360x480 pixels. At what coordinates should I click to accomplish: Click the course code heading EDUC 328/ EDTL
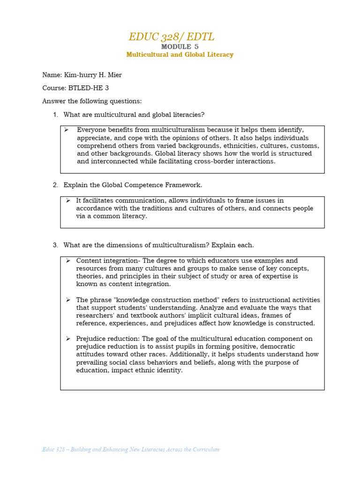172,37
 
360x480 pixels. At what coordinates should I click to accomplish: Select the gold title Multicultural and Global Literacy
180,55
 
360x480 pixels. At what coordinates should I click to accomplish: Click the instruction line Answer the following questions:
92,101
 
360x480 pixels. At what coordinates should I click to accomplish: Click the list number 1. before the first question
55,115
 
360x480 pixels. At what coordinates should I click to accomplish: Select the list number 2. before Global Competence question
55,185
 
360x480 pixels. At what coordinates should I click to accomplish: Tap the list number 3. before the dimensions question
55,245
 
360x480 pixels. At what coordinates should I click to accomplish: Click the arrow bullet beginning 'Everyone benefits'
67,130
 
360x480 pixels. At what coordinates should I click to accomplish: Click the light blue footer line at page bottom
131,450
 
